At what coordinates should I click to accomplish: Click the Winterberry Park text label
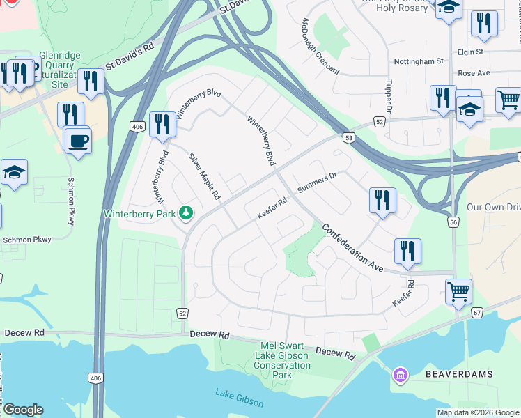139,213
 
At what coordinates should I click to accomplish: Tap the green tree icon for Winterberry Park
185,212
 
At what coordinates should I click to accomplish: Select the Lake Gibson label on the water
239,398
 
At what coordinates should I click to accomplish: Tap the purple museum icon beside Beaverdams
399,376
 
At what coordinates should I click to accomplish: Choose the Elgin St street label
470,52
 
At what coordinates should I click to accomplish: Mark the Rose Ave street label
474,72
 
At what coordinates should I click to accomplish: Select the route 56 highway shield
453,221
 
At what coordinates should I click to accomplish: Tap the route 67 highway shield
476,313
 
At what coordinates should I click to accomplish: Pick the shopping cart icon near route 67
458,291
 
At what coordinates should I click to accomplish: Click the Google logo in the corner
22,410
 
